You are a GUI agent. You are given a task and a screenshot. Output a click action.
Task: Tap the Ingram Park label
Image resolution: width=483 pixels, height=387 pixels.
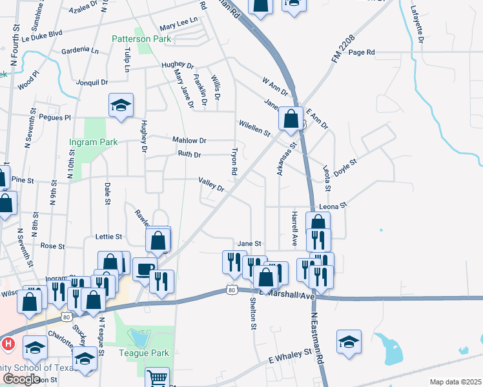click(x=93, y=142)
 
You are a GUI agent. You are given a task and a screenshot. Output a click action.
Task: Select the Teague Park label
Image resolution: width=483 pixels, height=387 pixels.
click(x=143, y=353)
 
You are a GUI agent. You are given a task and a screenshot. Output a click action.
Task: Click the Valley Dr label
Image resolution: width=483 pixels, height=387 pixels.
click(x=211, y=184)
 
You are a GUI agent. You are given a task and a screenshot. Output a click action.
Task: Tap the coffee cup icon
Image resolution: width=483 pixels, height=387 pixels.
click(x=145, y=268)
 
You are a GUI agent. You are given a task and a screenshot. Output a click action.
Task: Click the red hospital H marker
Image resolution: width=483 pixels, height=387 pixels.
click(x=8, y=344)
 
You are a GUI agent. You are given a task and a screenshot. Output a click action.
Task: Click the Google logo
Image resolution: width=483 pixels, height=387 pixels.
click(x=21, y=379)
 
